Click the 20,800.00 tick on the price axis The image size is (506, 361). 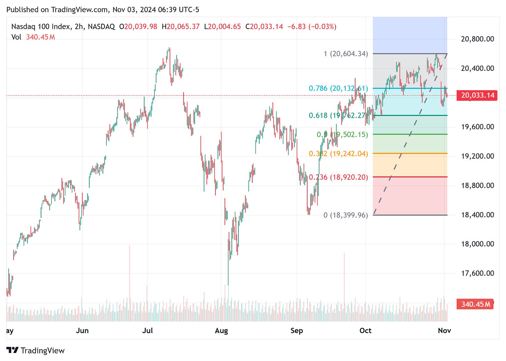(x=477, y=39)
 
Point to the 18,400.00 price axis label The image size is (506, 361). (x=477, y=215)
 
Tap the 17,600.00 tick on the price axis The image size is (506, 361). (x=477, y=274)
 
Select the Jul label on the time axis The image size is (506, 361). (x=147, y=330)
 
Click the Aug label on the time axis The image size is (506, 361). (x=221, y=330)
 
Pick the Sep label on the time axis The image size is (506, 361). (x=296, y=330)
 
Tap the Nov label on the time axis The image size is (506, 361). (x=444, y=330)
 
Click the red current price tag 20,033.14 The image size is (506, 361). (x=478, y=95)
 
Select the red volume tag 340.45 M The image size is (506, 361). (x=475, y=304)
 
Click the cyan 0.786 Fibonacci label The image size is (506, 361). (x=338, y=88)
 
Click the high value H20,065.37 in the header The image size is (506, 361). (x=181, y=26)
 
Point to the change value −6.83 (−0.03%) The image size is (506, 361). (x=312, y=26)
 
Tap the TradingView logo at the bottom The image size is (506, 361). (x=35, y=350)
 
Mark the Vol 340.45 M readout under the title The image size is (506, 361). (x=33, y=37)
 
